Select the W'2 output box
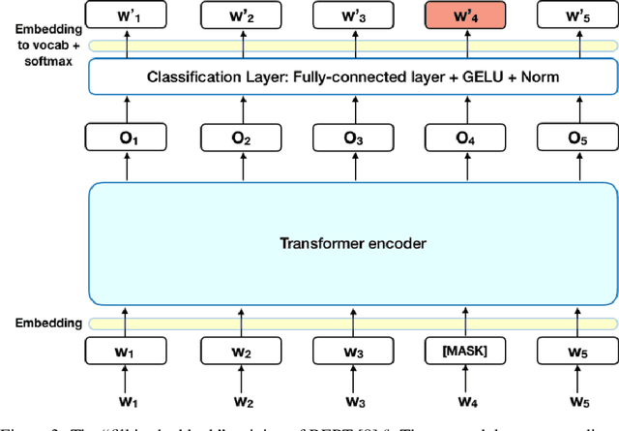238,15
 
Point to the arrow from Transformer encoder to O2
238,169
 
